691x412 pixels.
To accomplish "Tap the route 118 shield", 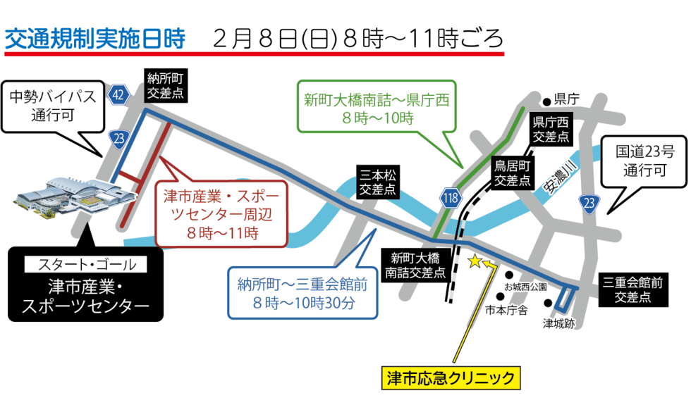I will [x=451, y=198].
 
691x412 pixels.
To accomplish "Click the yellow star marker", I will [x=475, y=261].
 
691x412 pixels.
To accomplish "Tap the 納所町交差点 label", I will [x=166, y=86].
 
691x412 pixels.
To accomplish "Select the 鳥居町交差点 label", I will [x=512, y=173].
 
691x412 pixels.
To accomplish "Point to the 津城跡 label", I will [x=558, y=324].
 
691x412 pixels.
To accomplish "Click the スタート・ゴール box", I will [x=86, y=266].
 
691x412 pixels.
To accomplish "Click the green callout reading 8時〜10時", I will [x=377, y=109].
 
